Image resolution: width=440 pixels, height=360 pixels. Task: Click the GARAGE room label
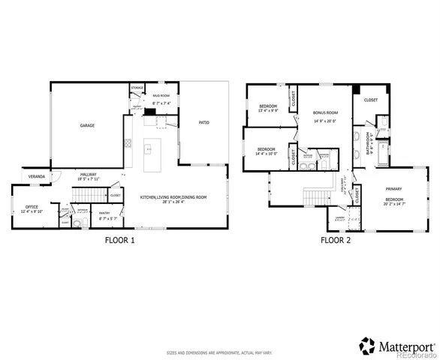(x=87, y=126)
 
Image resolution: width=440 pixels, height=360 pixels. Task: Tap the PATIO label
(x=203, y=121)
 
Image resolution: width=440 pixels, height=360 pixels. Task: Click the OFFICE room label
(x=32, y=206)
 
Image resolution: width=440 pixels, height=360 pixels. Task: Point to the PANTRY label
(x=105, y=213)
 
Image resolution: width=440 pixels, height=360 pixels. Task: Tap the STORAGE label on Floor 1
(x=137, y=88)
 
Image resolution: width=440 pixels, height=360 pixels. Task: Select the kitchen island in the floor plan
(x=149, y=149)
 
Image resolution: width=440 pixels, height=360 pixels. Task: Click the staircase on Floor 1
(x=80, y=195)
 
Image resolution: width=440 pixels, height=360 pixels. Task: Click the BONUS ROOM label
(x=324, y=112)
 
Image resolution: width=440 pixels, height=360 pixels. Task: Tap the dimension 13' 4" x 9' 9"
(x=268, y=111)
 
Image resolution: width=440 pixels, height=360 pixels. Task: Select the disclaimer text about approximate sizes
(x=219, y=352)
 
